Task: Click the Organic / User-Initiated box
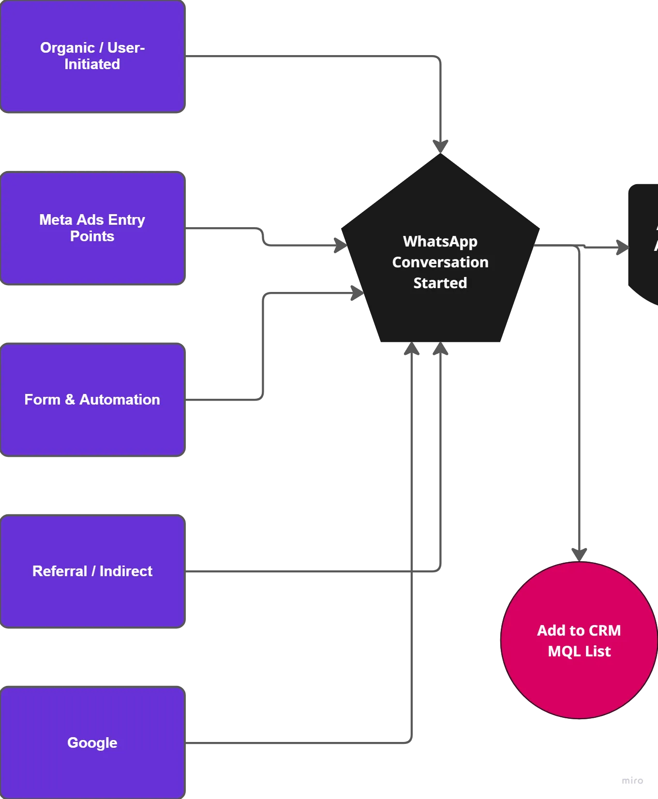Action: (92, 56)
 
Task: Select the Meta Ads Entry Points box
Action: (92, 228)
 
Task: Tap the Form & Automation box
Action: (92, 400)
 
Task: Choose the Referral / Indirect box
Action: (92, 571)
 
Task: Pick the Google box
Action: (92, 743)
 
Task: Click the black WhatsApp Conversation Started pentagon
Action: (440, 256)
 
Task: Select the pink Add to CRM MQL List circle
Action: (579, 640)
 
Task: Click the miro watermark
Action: (632, 781)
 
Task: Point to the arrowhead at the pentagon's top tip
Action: (440, 146)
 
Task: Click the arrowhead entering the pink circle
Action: (579, 555)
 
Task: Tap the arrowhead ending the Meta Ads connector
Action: (341, 245)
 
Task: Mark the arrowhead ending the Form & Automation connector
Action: (358, 292)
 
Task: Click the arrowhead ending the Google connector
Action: (412, 349)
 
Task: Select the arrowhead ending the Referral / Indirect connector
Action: (440, 349)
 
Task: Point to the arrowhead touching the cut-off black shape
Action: (622, 247)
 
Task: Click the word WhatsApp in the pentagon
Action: (440, 241)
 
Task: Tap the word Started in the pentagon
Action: (440, 283)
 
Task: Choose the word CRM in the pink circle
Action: (605, 630)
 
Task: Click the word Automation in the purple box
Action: (120, 400)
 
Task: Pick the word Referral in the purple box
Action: (60, 571)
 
